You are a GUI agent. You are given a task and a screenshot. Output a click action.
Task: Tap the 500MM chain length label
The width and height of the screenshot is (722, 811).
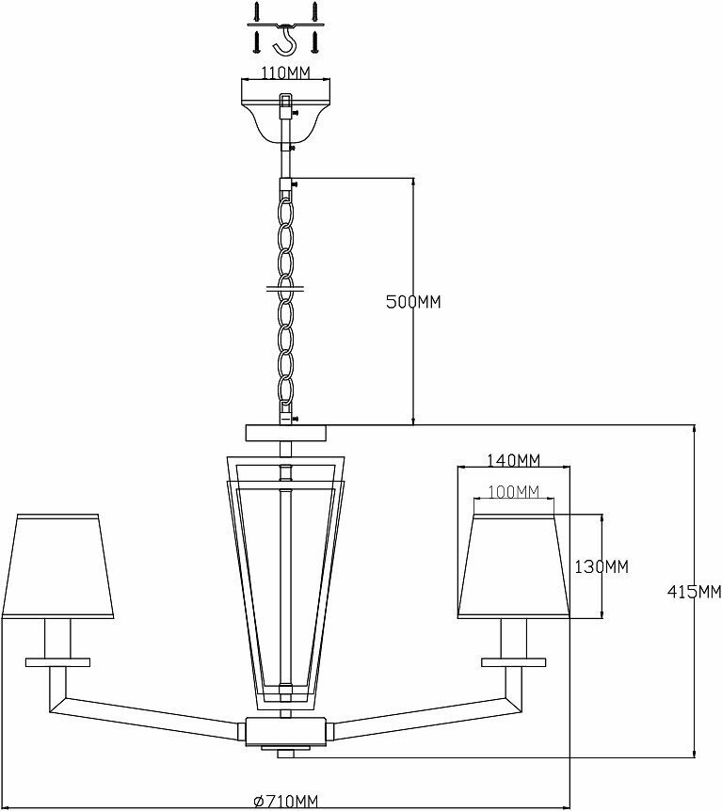point(414,302)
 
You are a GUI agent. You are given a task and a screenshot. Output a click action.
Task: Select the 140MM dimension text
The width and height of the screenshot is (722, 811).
point(513,460)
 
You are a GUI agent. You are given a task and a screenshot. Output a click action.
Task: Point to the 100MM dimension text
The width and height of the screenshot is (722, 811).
point(513,492)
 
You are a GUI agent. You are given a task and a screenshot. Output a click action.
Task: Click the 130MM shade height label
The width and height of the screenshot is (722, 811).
point(601,566)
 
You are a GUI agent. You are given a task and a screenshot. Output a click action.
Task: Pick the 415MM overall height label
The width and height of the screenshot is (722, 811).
point(694,592)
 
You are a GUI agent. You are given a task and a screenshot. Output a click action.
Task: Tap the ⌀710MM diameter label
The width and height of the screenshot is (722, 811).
point(286,801)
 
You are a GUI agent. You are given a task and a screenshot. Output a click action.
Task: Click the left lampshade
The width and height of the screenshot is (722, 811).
point(58,566)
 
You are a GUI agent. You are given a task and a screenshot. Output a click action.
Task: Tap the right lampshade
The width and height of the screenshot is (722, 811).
point(513,566)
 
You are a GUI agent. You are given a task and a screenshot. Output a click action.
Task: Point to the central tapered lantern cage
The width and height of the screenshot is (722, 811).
point(285,579)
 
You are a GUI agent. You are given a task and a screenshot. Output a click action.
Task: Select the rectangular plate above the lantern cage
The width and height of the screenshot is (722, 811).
point(285,433)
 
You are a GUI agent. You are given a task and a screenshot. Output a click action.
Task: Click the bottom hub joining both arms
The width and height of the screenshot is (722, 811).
point(285,730)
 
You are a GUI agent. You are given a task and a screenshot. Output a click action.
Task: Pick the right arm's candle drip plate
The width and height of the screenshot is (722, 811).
point(513,660)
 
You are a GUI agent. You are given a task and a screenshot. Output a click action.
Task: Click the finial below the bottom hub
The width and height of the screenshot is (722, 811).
point(285,751)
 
